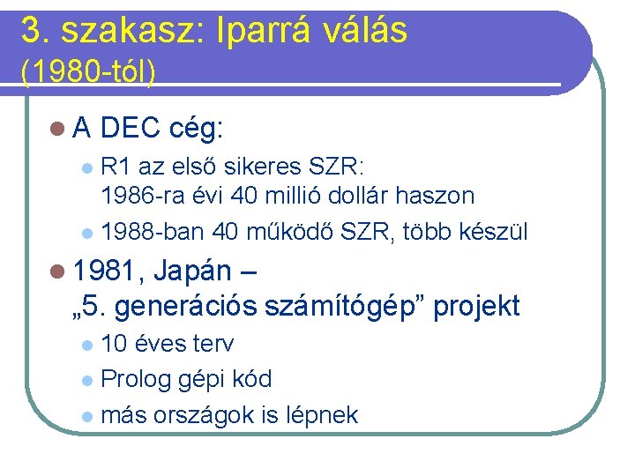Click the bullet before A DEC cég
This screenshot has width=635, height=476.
[57, 130]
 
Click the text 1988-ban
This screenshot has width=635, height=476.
[153, 232]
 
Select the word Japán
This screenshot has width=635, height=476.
[191, 271]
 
